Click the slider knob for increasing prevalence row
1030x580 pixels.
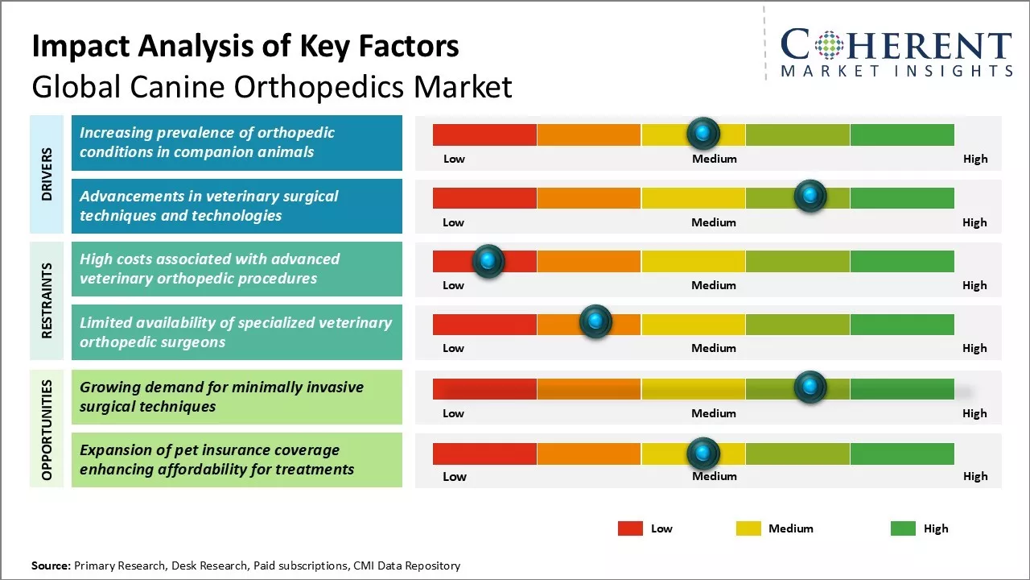tap(703, 133)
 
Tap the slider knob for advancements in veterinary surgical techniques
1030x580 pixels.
tap(810, 196)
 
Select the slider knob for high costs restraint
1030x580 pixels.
tap(488, 261)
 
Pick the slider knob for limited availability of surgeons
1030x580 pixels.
tap(595, 322)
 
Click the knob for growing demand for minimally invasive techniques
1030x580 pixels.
tap(810, 387)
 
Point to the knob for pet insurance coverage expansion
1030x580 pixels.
tap(703, 454)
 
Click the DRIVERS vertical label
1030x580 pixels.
tap(47, 174)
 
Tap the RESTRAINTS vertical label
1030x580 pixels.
tap(47, 300)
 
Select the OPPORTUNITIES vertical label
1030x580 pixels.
tap(47, 429)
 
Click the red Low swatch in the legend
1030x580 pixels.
tap(630, 528)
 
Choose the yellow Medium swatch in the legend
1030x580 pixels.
tap(748, 528)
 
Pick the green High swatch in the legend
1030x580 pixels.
tap(903, 528)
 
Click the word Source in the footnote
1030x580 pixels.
tap(51, 565)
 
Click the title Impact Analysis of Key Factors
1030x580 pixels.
tap(245, 47)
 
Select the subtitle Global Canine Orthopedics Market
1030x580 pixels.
tap(271, 86)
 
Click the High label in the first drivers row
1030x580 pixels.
tap(974, 159)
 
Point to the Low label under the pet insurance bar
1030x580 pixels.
tap(454, 476)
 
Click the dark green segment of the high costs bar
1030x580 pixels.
tap(901, 261)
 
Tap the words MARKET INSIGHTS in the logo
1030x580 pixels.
tap(896, 72)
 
